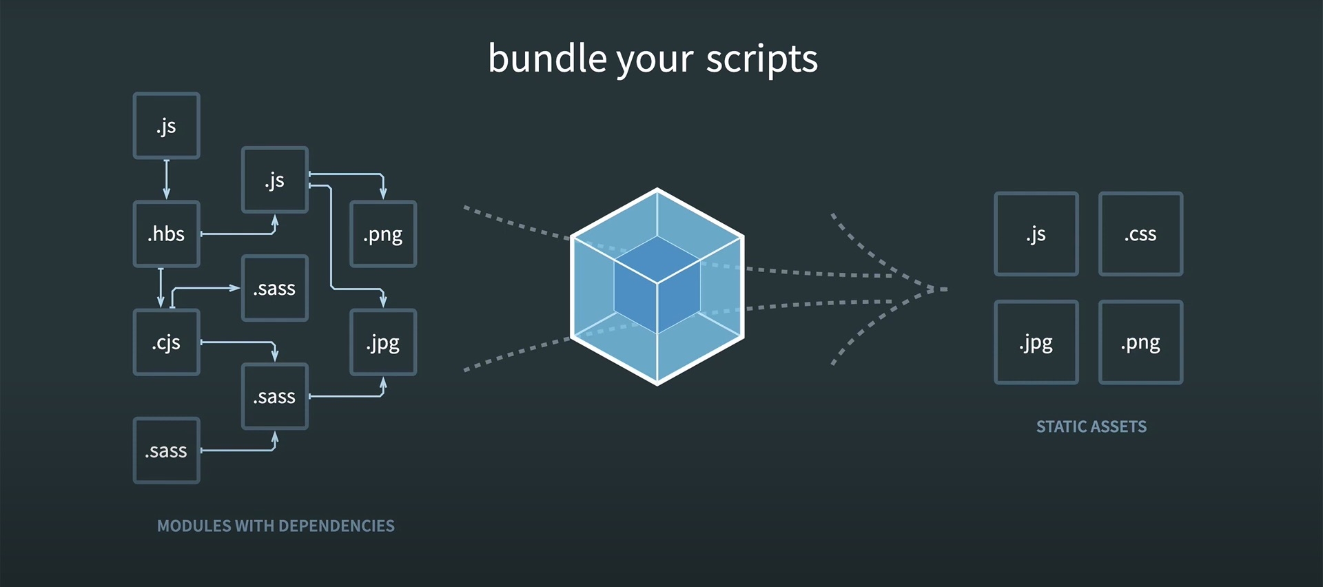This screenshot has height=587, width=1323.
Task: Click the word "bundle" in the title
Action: pos(547,59)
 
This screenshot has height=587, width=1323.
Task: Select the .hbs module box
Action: pos(166,234)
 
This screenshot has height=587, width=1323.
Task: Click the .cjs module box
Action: pos(166,342)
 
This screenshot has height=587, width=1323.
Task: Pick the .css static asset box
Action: pos(1140,234)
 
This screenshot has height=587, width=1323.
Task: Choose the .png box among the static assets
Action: pos(1140,342)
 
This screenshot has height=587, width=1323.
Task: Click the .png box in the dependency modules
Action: pos(383,234)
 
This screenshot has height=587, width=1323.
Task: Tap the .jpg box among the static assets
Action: pos(1036,342)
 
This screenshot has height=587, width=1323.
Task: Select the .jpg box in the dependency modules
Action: pos(383,342)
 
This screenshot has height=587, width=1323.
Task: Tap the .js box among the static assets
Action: pos(1036,234)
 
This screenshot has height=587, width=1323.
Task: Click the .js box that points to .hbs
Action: pos(166,126)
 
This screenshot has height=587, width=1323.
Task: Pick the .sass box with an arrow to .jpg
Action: pos(275,397)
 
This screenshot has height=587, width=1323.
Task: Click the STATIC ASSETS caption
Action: pos(1091,427)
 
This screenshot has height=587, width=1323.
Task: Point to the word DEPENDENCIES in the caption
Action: pos(336,526)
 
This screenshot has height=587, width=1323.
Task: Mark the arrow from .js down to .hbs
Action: pos(166,179)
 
